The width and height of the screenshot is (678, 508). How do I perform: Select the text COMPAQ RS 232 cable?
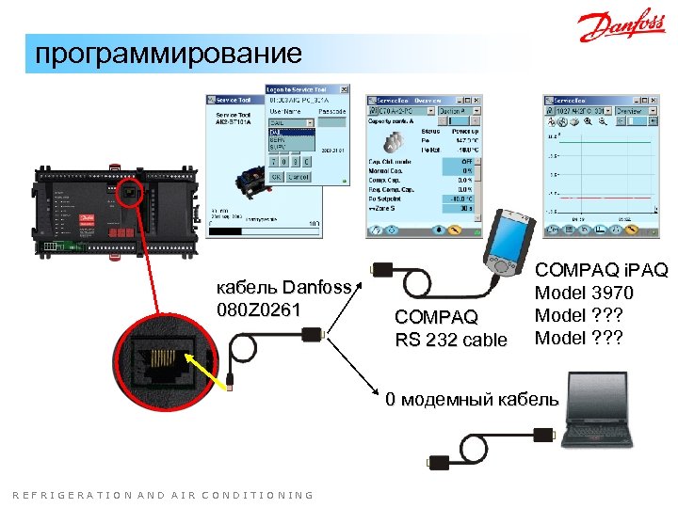[x=450, y=327]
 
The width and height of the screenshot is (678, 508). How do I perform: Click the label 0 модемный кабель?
[x=471, y=399]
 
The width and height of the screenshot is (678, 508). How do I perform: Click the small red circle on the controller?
[x=130, y=195]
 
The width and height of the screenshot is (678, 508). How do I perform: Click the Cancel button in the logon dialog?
[x=299, y=176]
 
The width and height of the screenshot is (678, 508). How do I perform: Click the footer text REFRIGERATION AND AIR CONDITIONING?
[x=164, y=495]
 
